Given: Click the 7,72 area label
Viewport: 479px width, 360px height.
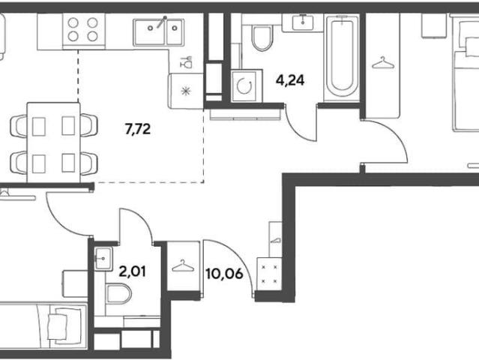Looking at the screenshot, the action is [x=138, y=129].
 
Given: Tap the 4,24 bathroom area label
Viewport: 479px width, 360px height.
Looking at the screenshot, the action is [x=290, y=80].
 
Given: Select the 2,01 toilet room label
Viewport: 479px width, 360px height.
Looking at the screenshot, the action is [x=132, y=271].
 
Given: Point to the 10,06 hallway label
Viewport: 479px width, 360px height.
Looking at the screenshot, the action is [x=224, y=274].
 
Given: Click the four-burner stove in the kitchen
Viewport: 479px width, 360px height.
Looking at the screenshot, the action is [x=84, y=30].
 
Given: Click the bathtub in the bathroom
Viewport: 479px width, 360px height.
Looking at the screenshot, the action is [x=342, y=57].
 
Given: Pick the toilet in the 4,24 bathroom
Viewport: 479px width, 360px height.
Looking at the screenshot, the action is [x=262, y=38].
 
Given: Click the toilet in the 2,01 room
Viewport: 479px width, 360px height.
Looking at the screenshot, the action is [x=119, y=294].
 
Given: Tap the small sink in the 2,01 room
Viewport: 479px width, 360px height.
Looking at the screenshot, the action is [x=103, y=259].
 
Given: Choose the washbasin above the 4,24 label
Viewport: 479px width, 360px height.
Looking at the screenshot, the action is [x=302, y=22].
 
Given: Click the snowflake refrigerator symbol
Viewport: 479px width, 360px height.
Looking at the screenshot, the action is [x=186, y=91].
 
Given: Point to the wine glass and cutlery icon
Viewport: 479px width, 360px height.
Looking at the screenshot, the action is [x=186, y=62].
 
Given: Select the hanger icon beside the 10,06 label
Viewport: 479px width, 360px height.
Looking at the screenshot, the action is [x=183, y=265].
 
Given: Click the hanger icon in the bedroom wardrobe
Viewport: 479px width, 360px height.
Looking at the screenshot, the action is [x=383, y=63].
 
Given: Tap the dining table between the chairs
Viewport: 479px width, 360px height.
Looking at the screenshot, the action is [x=53, y=142].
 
